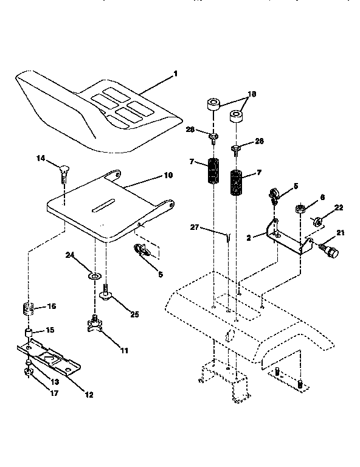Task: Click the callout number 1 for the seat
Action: click(176, 74)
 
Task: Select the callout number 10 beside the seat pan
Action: click(168, 175)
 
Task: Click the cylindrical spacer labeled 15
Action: click(28, 333)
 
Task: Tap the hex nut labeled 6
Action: click(300, 210)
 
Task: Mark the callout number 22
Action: click(339, 208)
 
